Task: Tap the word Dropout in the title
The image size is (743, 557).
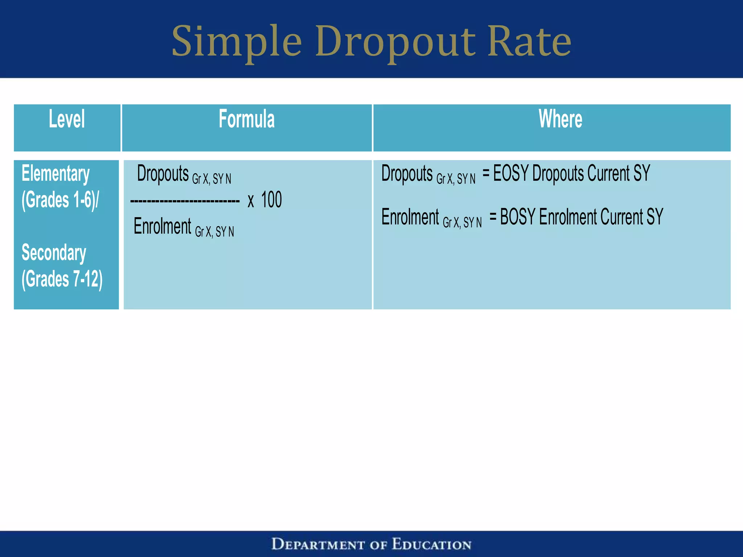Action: point(395,42)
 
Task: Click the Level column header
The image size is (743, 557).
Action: point(67,119)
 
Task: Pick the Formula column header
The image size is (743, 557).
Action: point(247,119)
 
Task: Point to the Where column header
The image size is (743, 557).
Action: point(560,119)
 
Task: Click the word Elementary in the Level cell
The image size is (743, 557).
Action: point(56,174)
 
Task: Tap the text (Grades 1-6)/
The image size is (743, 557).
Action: point(60,200)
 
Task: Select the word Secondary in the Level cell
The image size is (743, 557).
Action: point(54,253)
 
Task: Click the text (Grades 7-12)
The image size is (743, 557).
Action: point(62,279)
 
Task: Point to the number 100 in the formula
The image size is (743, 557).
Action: point(271,200)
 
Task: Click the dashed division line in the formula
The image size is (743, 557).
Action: point(185,201)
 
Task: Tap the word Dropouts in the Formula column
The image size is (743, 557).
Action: point(163,173)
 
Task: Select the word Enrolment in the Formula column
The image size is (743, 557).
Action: point(162,226)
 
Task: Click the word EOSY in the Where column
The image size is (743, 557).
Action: point(510,173)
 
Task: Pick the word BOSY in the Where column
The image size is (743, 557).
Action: point(517,217)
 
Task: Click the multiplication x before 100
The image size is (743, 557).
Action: point(251,201)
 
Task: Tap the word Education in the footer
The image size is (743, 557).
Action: point(432,544)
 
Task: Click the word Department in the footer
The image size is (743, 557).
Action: point(318,544)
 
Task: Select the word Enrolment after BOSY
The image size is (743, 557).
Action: point(568,217)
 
